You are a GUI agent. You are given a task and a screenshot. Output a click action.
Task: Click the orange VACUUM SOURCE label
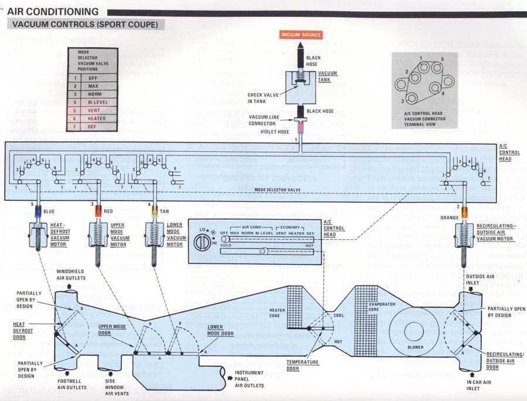tap(301, 35)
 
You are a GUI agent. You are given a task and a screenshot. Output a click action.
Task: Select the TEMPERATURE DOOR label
tap(303, 365)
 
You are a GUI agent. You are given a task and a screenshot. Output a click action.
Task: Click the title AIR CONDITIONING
tap(53, 11)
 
